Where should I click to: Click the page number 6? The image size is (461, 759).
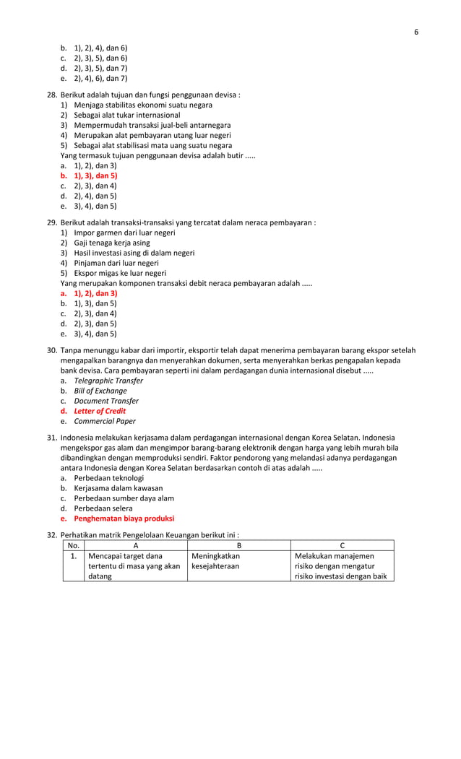[x=415, y=32]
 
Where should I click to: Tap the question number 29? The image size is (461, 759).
[x=52, y=222]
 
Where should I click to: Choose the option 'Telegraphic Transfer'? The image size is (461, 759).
[x=108, y=381]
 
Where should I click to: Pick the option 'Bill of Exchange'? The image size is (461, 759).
[x=100, y=391]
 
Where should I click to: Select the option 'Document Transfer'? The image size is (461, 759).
[x=106, y=401]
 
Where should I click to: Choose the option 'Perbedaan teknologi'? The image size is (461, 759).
[x=108, y=478]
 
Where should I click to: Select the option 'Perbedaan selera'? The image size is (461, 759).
[x=104, y=508]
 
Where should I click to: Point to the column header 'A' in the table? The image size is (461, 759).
[x=135, y=545]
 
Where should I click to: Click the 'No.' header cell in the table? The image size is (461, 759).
[x=73, y=545]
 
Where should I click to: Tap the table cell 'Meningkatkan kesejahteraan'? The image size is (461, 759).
[x=215, y=562]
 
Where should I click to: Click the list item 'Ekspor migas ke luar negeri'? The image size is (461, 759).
[x=120, y=273]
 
